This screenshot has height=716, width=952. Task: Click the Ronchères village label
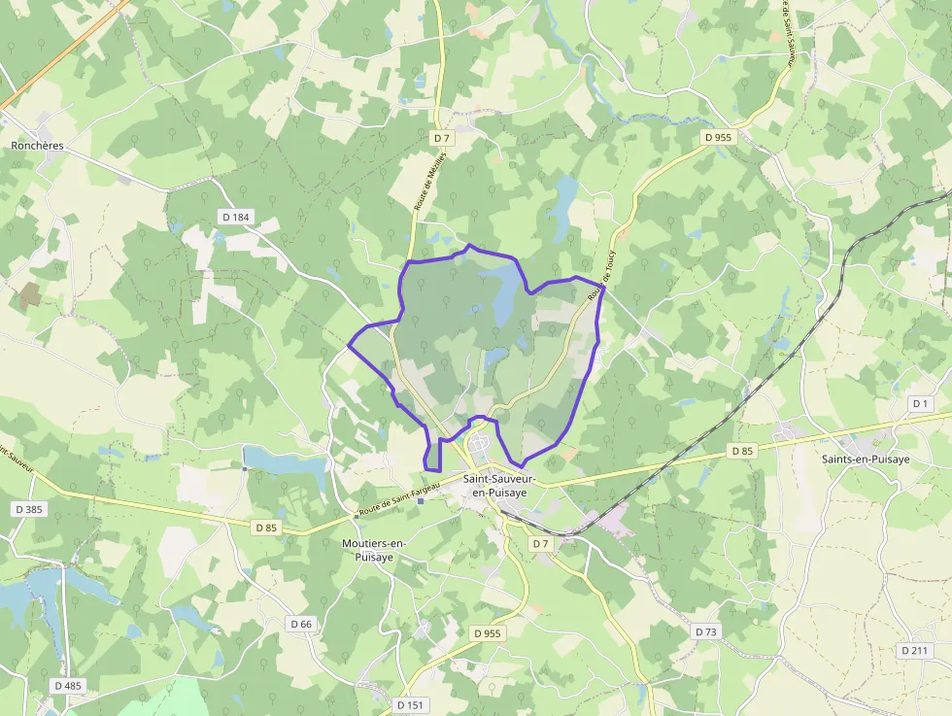pyautogui.click(x=37, y=146)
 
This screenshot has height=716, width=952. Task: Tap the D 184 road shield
pyautogui.click(x=235, y=217)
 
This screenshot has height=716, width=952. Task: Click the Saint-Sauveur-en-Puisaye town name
pyautogui.click(x=501, y=486)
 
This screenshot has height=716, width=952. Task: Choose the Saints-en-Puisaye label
pyautogui.click(x=866, y=460)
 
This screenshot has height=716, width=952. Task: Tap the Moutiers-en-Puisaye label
pyautogui.click(x=374, y=550)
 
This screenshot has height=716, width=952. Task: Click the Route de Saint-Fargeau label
pyautogui.click(x=398, y=500)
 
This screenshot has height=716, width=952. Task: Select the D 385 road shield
pyautogui.click(x=29, y=509)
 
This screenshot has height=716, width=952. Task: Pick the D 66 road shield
pyautogui.click(x=301, y=623)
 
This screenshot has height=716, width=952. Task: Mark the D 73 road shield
pyautogui.click(x=706, y=631)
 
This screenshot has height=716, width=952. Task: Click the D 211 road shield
pyautogui.click(x=914, y=650)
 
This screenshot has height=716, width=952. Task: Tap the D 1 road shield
pyautogui.click(x=921, y=402)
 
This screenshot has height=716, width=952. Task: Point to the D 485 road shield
pyautogui.click(x=68, y=685)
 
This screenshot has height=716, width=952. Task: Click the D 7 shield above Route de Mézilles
pyautogui.click(x=441, y=139)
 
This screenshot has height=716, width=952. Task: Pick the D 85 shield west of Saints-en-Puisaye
pyautogui.click(x=742, y=451)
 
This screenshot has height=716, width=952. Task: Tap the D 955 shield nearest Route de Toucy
pyautogui.click(x=717, y=137)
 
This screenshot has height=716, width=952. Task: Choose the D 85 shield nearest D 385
pyautogui.click(x=265, y=527)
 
